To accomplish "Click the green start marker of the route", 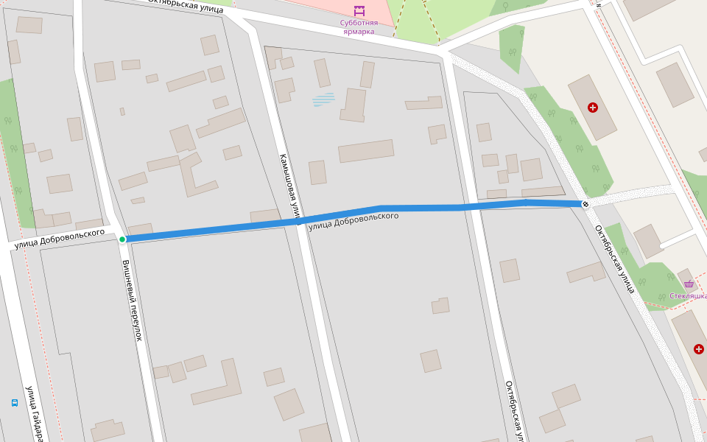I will click(x=122, y=239).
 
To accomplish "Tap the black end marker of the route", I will click(x=585, y=204).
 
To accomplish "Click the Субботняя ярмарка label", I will click(x=358, y=27).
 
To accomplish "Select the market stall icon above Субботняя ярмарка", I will click(x=359, y=11).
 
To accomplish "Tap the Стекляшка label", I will click(x=688, y=296).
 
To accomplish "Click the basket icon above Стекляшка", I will click(x=689, y=284).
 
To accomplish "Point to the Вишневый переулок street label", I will click(x=132, y=300).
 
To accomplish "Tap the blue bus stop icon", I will click(x=14, y=403).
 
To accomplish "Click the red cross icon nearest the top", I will click(x=593, y=108).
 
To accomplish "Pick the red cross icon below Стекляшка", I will click(x=698, y=348).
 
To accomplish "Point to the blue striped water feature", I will click(x=323, y=99).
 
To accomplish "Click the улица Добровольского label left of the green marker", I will click(x=64, y=239).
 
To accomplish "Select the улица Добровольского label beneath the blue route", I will click(x=354, y=221).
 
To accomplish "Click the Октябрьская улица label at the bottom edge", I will click(x=514, y=411).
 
